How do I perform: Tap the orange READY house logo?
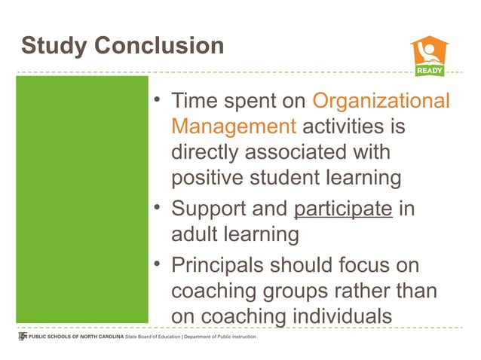point(429,56)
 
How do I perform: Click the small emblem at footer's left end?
point(22,337)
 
